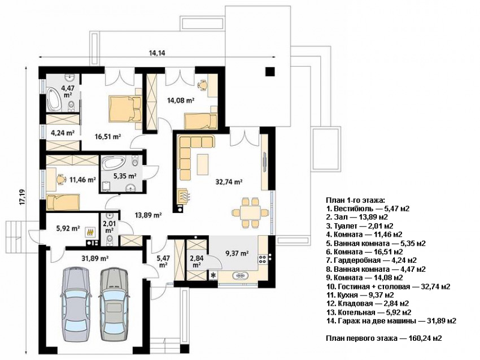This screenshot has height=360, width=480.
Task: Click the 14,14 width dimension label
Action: point(157,53)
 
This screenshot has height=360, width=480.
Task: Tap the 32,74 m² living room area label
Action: point(229,182)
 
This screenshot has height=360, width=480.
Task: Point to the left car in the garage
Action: point(76,304)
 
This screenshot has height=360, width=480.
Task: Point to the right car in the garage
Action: point(114,304)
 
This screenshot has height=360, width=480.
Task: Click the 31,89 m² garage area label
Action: point(95,259)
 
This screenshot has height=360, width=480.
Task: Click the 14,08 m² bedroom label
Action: point(181,100)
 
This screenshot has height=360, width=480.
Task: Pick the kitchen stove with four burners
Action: point(263,259)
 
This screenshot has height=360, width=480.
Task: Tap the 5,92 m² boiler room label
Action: point(68,228)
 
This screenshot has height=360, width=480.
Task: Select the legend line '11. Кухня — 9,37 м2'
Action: point(360,295)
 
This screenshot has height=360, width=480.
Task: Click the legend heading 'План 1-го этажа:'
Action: point(355,201)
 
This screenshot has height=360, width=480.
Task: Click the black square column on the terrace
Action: point(270,71)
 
